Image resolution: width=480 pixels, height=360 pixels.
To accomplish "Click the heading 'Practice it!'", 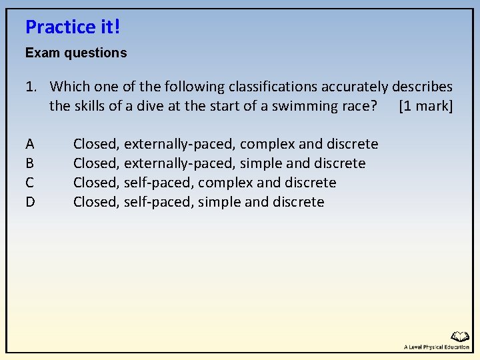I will pyautogui.click(x=73, y=27).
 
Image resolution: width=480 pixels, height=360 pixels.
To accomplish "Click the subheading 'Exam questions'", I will pyautogui.click(x=76, y=53).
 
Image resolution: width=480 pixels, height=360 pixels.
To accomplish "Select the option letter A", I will pyautogui.click(x=30, y=144).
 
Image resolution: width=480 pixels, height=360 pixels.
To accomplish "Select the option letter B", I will pyautogui.click(x=30, y=163).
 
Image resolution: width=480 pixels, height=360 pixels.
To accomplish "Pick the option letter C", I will pyautogui.click(x=30, y=183).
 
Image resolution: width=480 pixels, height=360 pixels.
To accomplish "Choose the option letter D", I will pyautogui.click(x=30, y=202).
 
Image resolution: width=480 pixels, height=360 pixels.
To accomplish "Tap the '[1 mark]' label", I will pyautogui.click(x=425, y=106).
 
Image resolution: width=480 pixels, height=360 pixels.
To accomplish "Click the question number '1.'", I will pyautogui.click(x=31, y=87).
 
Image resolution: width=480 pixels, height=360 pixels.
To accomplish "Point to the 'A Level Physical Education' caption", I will pyautogui.click(x=437, y=347).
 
